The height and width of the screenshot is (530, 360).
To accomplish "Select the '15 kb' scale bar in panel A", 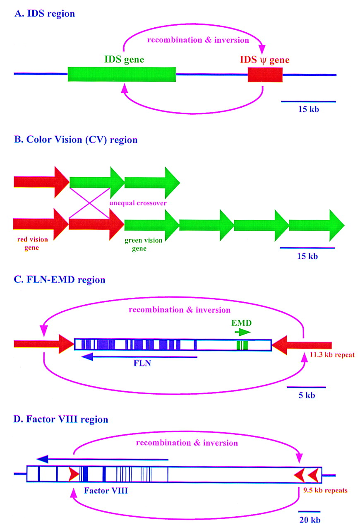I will [308, 101].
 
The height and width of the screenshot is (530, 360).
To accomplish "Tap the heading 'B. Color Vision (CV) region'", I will [75, 140].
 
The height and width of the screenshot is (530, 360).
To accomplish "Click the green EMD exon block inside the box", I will [242, 345].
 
